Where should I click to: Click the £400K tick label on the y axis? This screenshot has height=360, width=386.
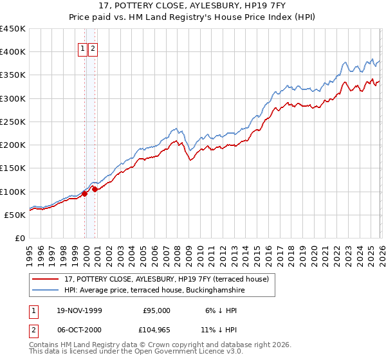click(13, 52)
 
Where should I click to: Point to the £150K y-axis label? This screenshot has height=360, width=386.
click(13, 168)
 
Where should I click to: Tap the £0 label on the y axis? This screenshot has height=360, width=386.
click(19, 239)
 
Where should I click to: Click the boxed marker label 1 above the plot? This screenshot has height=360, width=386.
click(84, 49)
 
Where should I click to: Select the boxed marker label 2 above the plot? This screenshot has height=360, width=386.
click(93, 49)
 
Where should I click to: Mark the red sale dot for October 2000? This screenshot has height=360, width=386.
click(95, 189)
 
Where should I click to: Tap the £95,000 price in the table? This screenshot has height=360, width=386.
click(156, 310)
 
